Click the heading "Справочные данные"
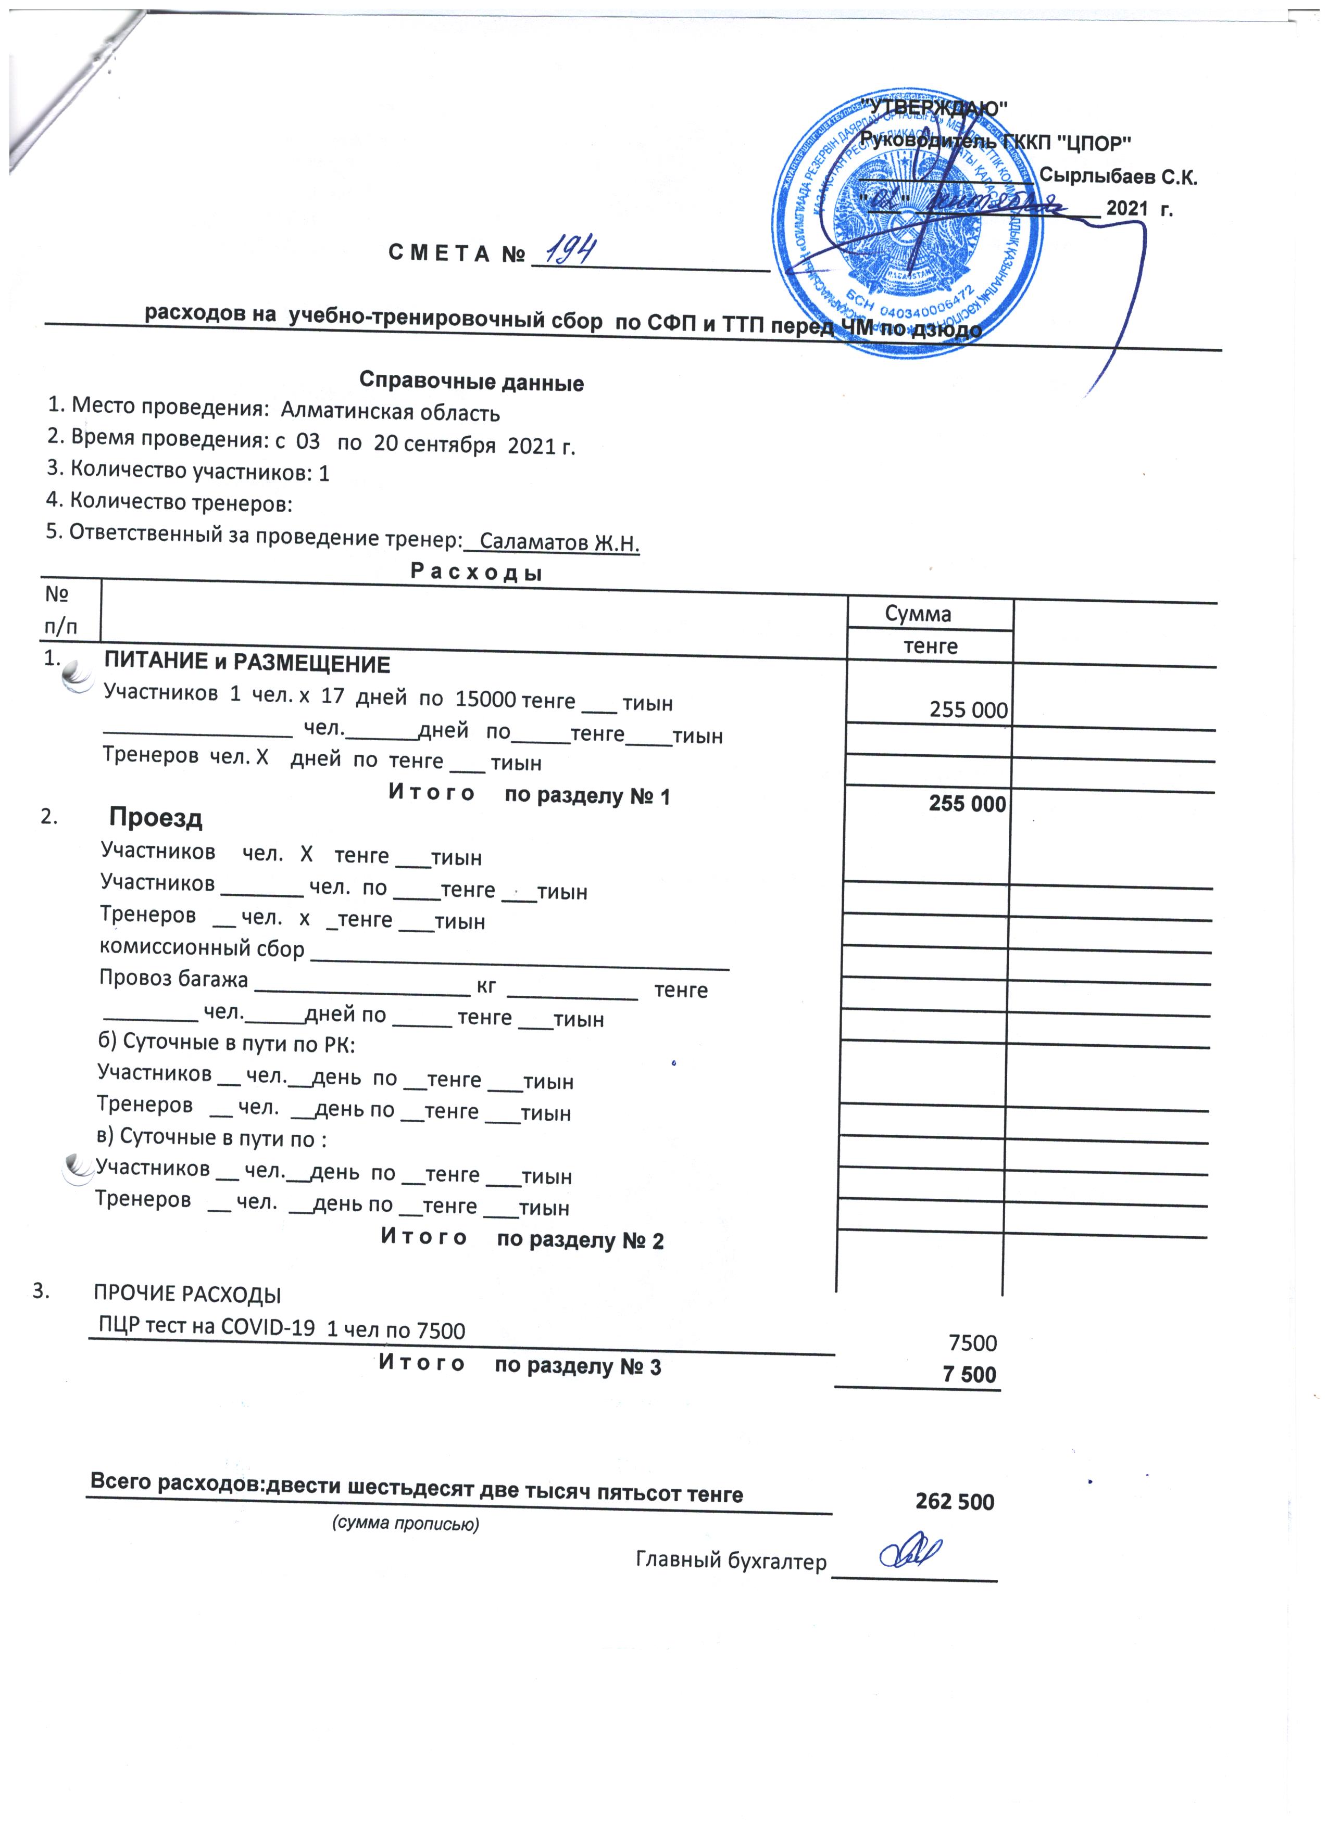(471, 382)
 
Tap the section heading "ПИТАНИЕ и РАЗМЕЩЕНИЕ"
(247, 664)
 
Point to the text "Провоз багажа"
(173, 980)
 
